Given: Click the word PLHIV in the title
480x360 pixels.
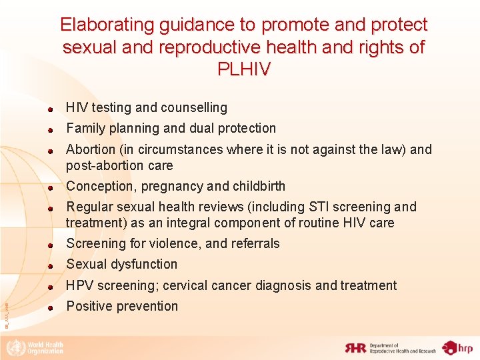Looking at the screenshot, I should point(244,69).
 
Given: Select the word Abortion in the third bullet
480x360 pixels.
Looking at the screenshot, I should point(91,149).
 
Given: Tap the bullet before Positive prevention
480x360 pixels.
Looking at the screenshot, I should point(49,308).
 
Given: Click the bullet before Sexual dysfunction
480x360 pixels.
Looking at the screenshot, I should point(49,266).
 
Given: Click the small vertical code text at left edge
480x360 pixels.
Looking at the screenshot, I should point(6,314).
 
